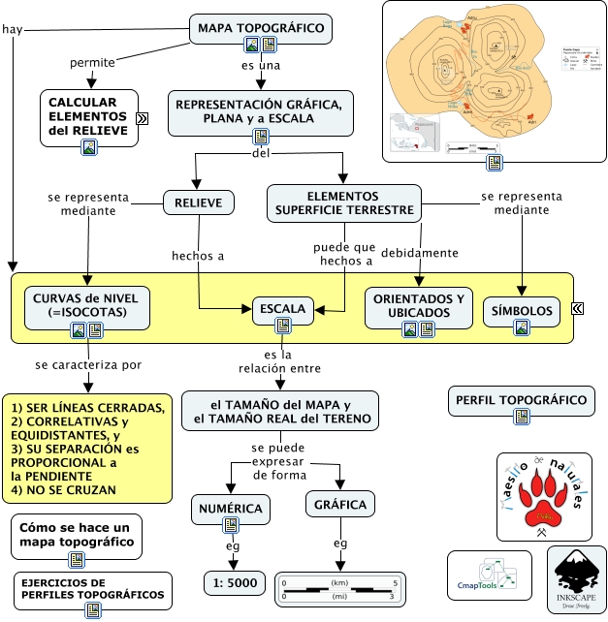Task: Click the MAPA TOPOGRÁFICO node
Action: [x=260, y=29]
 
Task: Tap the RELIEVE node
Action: [x=199, y=202]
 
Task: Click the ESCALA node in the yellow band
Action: [x=283, y=311]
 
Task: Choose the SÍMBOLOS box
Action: [x=522, y=311]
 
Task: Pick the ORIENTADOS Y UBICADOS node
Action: [x=421, y=305]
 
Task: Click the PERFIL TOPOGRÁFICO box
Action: [x=521, y=399]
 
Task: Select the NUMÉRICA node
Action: [x=230, y=508]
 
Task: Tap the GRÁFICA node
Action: [x=339, y=506]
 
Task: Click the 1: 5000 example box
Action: [x=231, y=583]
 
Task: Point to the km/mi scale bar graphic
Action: [x=338, y=589]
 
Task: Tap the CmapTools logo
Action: [x=489, y=578]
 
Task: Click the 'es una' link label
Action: [x=260, y=65]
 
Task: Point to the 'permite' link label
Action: [x=93, y=63]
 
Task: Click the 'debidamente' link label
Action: [x=420, y=253]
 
